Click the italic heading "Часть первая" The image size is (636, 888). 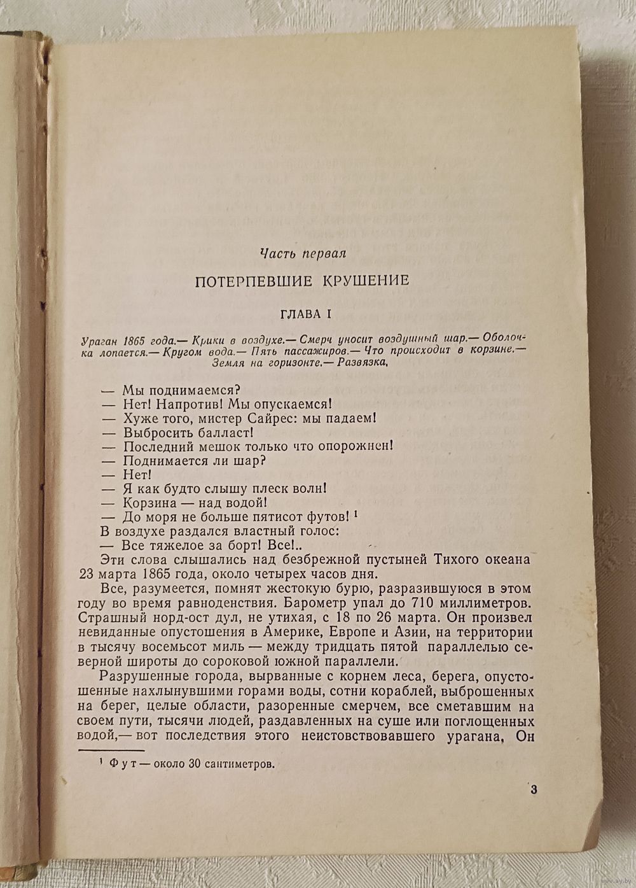pyautogui.click(x=303, y=254)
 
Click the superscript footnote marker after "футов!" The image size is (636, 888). pyautogui.click(x=356, y=512)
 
